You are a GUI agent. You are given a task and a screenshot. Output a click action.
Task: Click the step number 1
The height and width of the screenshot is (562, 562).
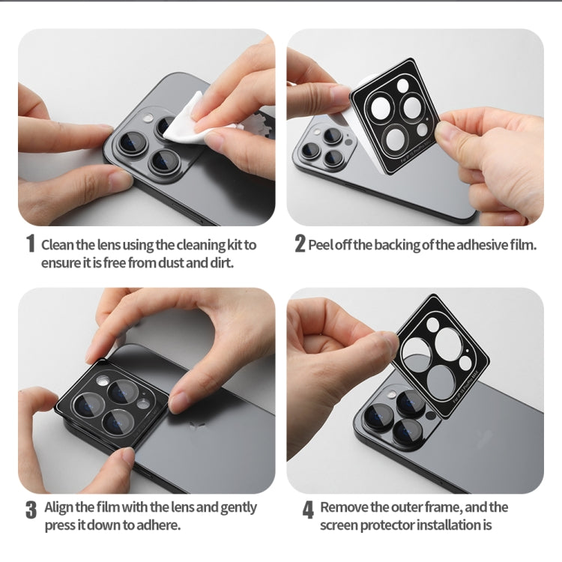point(31,244)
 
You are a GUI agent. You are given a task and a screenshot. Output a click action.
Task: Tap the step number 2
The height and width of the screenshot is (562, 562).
point(300,244)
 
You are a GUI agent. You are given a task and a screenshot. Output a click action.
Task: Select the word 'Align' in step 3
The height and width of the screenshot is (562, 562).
point(60,507)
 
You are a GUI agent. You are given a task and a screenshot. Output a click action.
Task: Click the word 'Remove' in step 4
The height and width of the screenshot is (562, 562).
point(345,507)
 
